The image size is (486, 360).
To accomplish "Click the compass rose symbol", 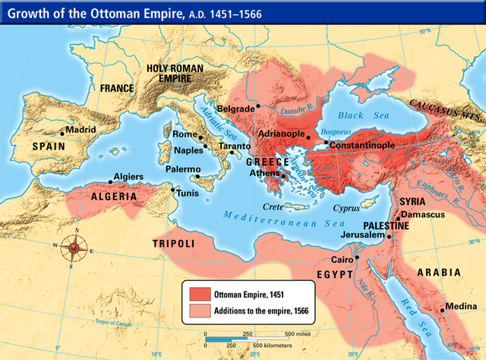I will tap(74, 246).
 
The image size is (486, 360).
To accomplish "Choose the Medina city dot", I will tap(442, 309).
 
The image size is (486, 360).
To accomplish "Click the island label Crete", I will tap(272, 206).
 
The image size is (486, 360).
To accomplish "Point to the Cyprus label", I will tap(346, 206).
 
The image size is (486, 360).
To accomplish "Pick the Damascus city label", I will tap(422, 215).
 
